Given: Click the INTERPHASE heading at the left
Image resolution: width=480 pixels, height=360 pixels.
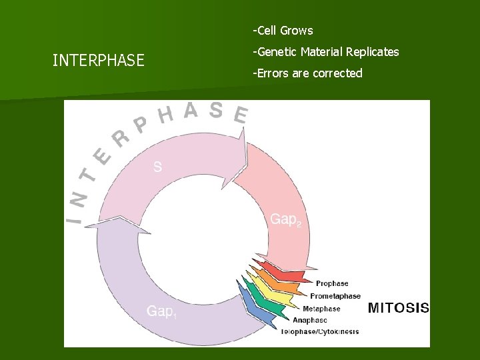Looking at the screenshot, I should (x=98, y=61).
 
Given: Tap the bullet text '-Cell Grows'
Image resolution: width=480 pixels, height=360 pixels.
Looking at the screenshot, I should (x=283, y=31).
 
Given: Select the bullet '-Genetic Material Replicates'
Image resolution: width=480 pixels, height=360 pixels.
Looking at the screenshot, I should (x=325, y=52).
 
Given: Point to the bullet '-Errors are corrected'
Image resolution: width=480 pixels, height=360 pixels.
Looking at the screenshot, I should (x=307, y=73).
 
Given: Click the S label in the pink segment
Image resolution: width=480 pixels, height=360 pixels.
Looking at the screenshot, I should (x=157, y=167).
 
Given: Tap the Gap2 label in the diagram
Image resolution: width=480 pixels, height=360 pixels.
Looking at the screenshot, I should (x=285, y=219).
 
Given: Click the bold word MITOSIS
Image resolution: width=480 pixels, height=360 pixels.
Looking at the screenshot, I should (x=399, y=308).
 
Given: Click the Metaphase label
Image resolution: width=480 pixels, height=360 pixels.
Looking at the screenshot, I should (x=321, y=309).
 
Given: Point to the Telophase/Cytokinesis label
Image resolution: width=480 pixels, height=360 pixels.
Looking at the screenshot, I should (x=320, y=331).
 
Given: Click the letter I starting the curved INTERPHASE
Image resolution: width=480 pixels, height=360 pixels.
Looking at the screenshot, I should (x=77, y=217).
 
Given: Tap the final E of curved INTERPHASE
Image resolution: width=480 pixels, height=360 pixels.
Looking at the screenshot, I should (x=241, y=116).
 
